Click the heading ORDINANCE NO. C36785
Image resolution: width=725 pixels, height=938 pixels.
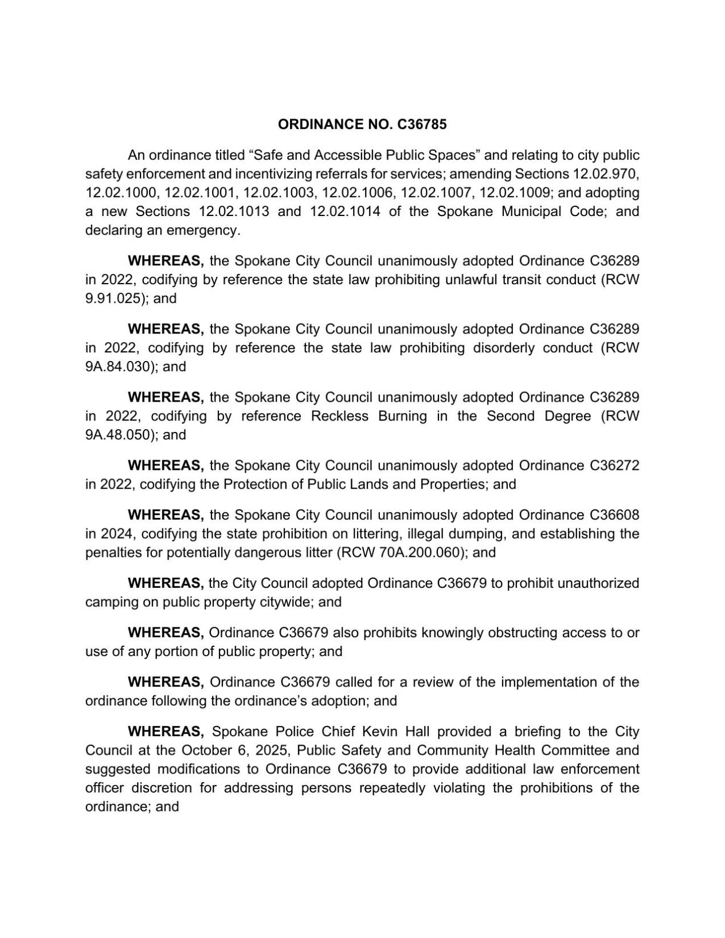(x=362, y=124)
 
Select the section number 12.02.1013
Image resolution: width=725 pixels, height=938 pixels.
(x=234, y=211)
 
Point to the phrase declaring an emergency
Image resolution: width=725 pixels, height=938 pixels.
(x=162, y=230)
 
